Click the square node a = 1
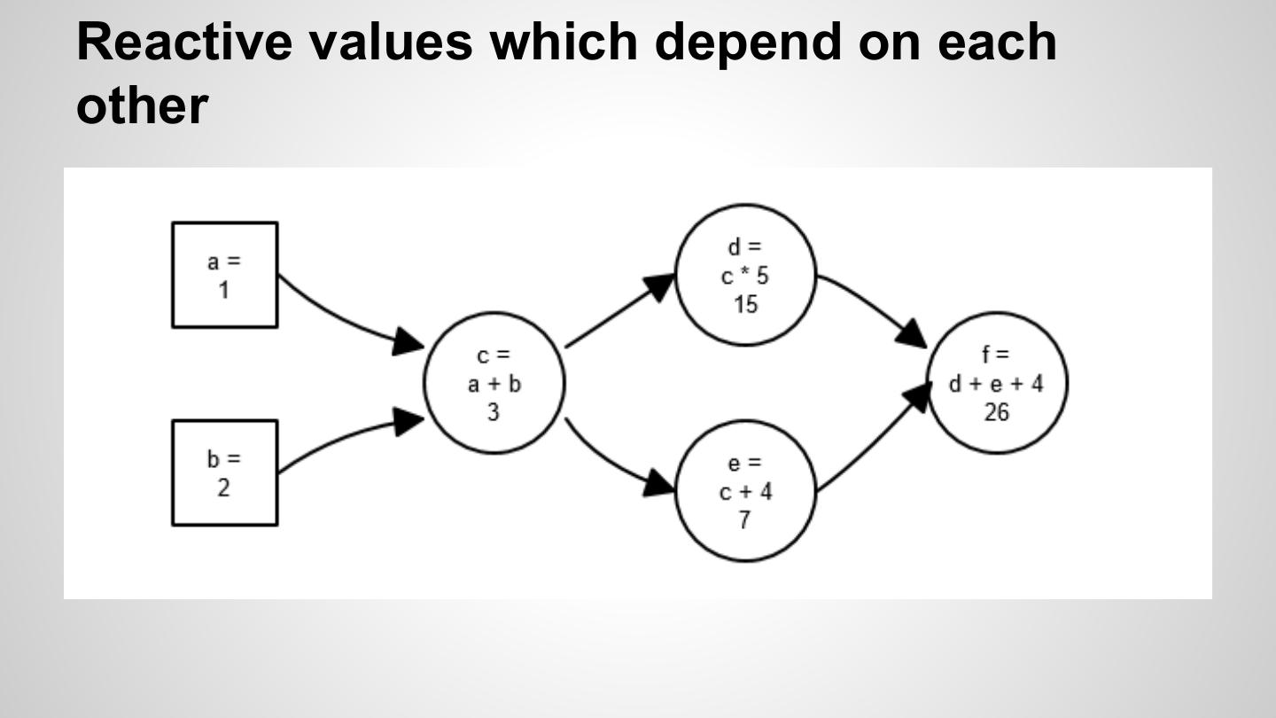tap(224, 275)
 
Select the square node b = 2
tap(224, 472)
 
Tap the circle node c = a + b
tap(494, 382)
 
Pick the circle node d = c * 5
tap(745, 275)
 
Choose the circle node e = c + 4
tap(745, 490)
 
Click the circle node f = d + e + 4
tap(997, 382)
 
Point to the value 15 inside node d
tap(745, 304)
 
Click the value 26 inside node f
tap(997, 412)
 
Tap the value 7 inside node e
tap(744, 520)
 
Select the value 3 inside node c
tap(494, 412)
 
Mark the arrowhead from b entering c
tap(408, 421)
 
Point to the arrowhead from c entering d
tap(659, 286)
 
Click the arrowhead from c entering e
tap(659, 482)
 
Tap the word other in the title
tap(142, 105)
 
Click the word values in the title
tap(390, 41)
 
